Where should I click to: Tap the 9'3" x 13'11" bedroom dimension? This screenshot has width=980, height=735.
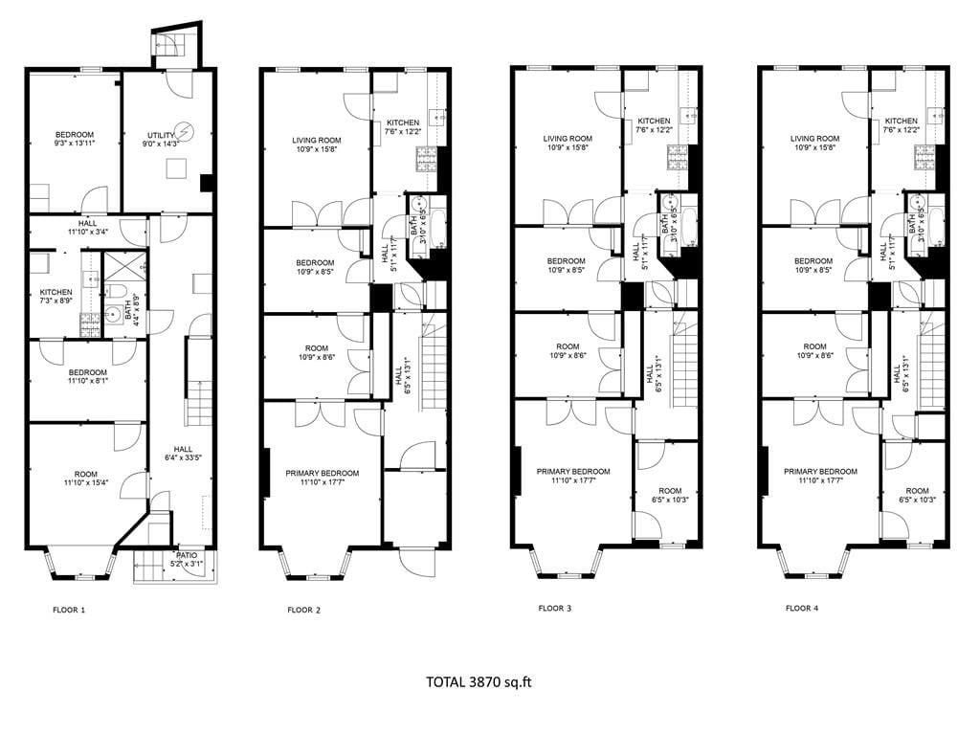[74, 144]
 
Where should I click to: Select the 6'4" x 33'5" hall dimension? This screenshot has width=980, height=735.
[182, 457]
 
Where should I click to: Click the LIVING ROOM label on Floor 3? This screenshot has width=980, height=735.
[568, 138]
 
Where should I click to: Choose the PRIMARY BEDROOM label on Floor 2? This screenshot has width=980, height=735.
[322, 473]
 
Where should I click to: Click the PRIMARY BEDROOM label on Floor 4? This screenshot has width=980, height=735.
[820, 471]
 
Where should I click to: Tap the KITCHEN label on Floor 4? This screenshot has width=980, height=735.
[901, 121]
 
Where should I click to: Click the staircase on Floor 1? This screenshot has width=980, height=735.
[198, 401]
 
